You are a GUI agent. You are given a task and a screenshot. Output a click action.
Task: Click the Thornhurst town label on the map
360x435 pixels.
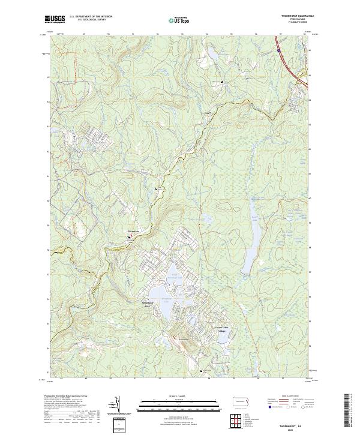[133, 231]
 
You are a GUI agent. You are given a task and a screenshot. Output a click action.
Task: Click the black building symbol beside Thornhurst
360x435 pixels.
[129, 237]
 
